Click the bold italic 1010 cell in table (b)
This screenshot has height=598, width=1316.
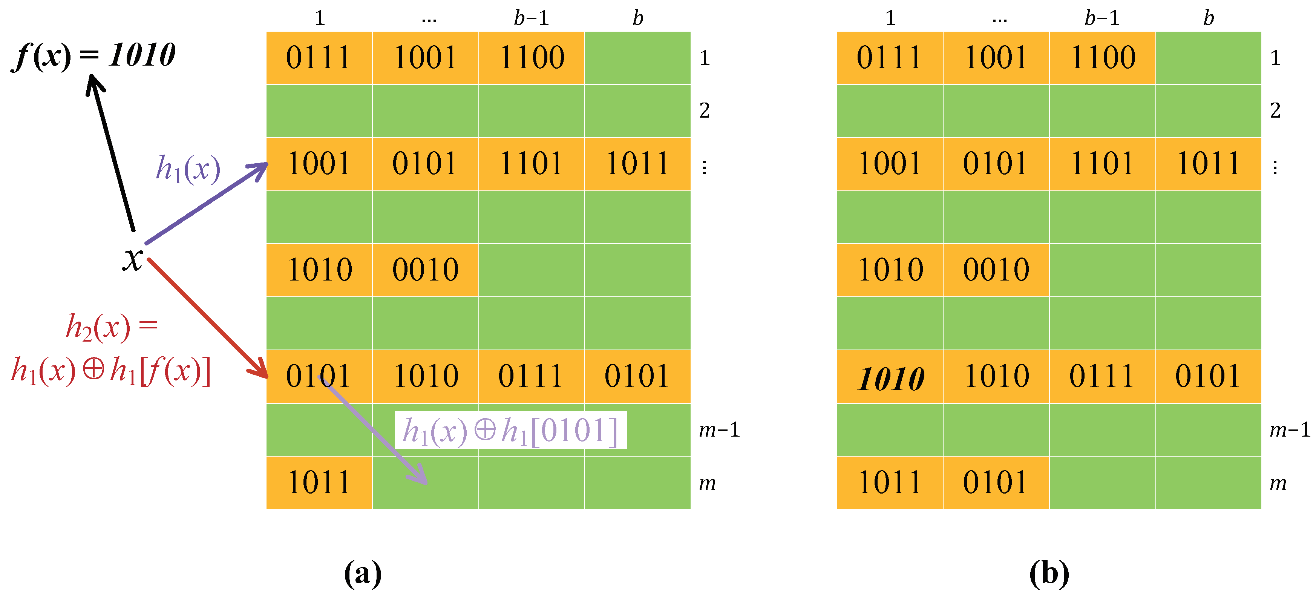point(890,378)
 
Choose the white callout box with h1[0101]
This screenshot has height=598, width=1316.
point(510,430)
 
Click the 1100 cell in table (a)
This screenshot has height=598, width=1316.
point(531,57)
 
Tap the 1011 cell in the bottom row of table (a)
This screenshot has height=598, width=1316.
point(319,482)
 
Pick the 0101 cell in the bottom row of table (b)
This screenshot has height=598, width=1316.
point(996,482)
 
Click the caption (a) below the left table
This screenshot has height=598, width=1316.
point(363,573)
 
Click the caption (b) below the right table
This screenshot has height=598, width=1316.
point(1049,573)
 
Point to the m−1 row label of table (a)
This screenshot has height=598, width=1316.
point(719,430)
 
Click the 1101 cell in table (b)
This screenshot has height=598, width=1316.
point(1102,164)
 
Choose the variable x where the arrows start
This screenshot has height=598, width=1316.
point(133,258)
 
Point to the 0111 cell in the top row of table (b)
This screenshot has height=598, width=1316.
point(889,57)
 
